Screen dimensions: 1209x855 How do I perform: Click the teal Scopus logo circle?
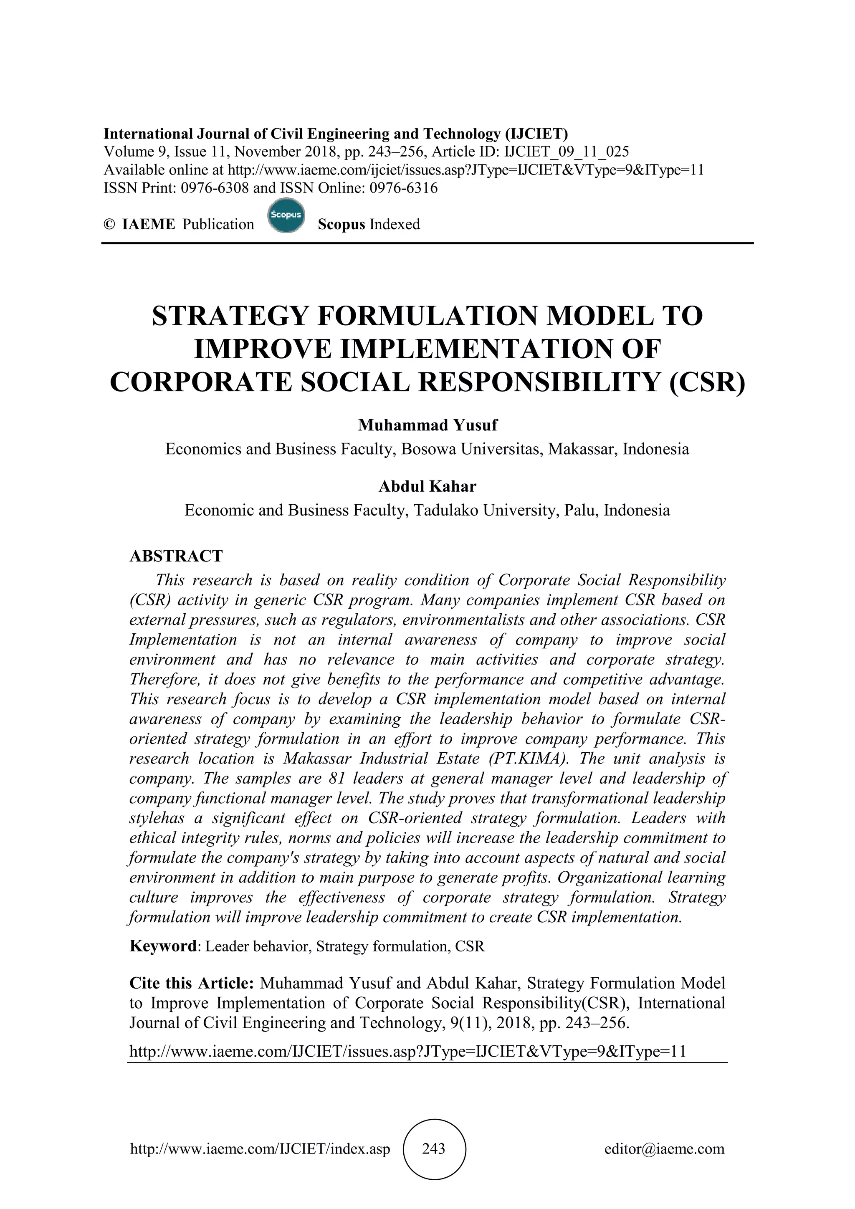coord(286,215)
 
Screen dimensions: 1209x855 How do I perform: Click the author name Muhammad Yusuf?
coord(427,425)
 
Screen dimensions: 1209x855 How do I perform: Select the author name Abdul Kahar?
coord(427,486)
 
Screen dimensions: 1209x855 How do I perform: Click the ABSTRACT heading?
coord(176,556)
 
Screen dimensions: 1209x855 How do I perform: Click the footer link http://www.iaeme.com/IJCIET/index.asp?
coord(260,1149)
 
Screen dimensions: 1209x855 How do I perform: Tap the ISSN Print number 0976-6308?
coord(215,188)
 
